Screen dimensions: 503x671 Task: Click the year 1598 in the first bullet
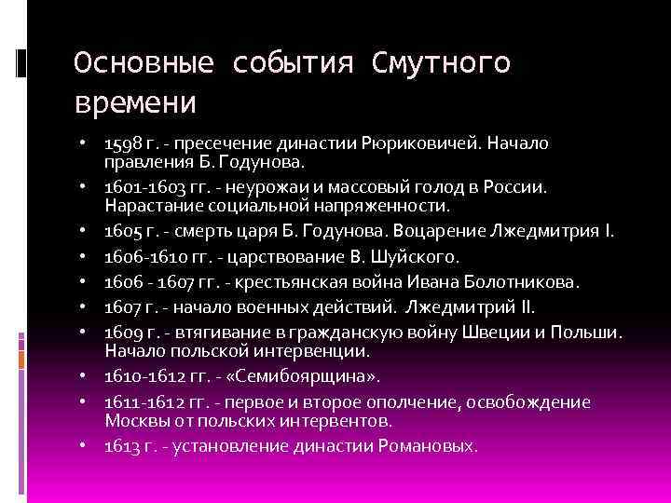tap(120, 144)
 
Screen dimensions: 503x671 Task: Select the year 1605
tap(120, 230)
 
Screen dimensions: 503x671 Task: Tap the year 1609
tap(120, 333)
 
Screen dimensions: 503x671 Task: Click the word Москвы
tap(137, 419)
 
